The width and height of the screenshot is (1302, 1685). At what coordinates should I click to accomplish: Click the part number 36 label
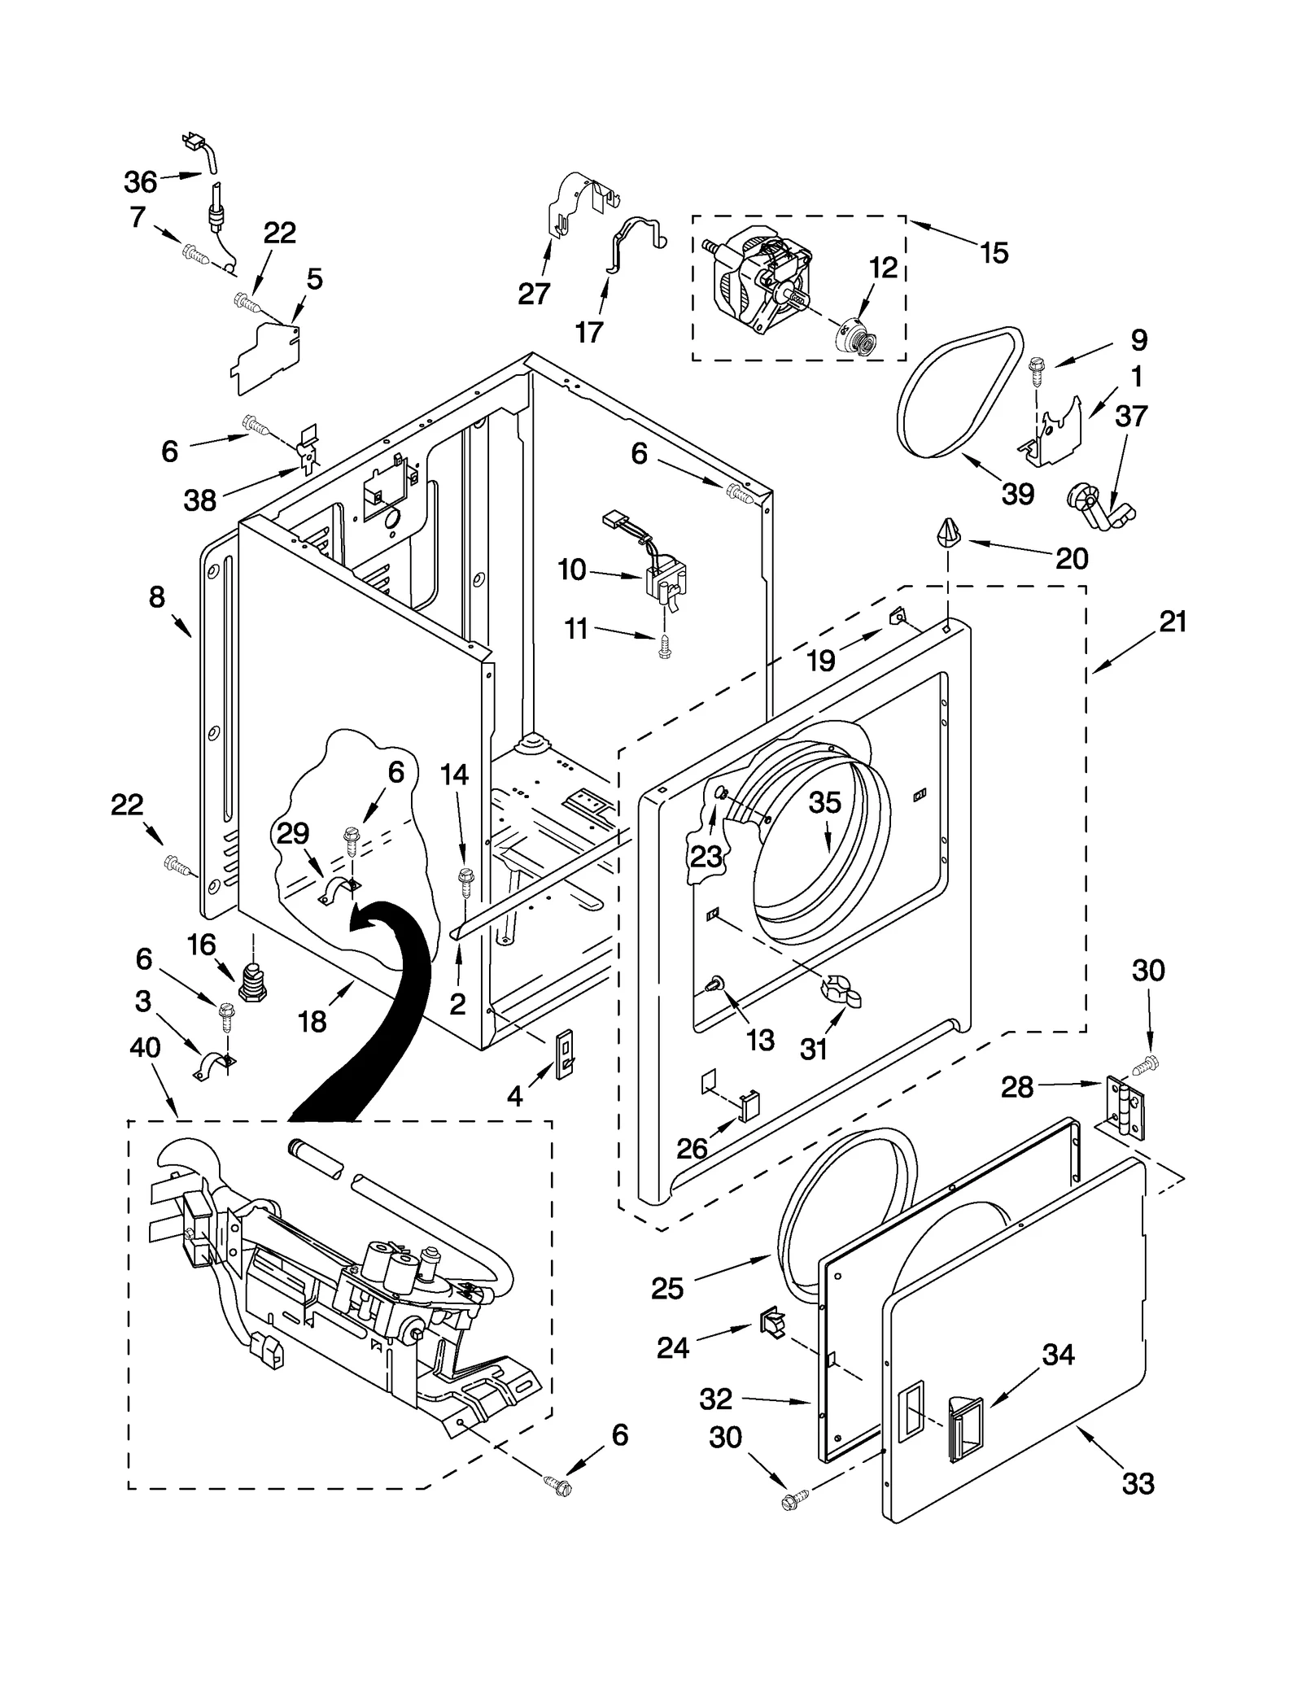click(x=140, y=181)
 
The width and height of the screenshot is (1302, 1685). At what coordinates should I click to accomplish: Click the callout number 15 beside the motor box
click(x=994, y=253)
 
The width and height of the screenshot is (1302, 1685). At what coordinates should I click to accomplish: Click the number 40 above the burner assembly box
click(x=145, y=1048)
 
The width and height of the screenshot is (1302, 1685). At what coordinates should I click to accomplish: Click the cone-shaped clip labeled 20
click(x=946, y=531)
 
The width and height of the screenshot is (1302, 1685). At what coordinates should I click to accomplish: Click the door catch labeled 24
click(x=771, y=1324)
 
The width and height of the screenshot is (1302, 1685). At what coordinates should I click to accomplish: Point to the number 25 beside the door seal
click(x=667, y=1288)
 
